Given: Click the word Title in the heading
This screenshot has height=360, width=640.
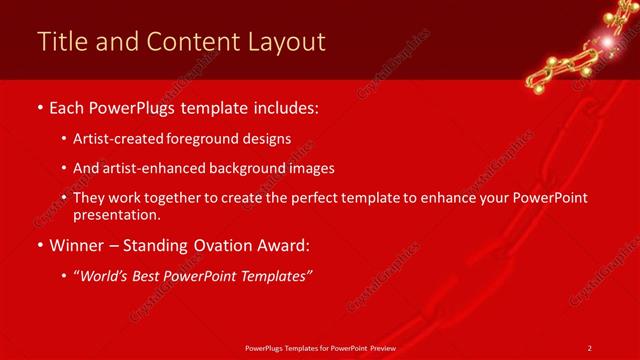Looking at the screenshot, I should click(x=60, y=42).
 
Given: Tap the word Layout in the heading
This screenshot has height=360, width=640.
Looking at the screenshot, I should click(x=284, y=42).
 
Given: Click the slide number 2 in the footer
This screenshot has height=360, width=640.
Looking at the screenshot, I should click(x=589, y=347).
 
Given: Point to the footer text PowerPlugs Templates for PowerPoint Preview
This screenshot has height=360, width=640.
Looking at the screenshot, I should click(x=319, y=347).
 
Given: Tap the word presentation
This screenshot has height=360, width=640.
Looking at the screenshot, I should click(x=116, y=214).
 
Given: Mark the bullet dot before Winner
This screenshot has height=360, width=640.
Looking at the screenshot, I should click(x=39, y=244).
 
